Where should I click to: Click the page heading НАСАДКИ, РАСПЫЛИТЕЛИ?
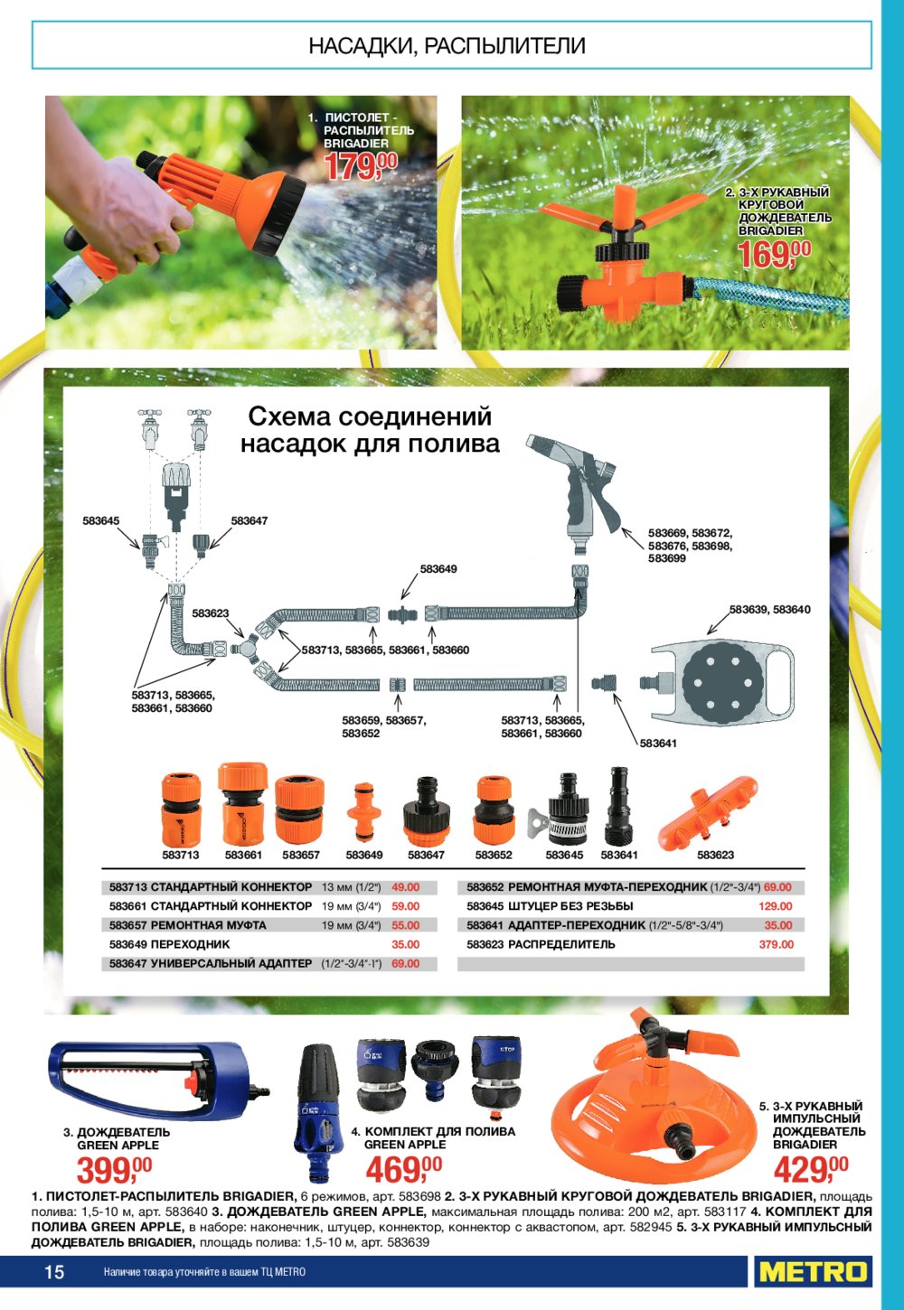click(x=447, y=45)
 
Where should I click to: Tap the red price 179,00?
click(x=361, y=166)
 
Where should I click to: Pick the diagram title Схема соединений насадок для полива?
click(x=370, y=430)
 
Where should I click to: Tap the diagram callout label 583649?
click(x=438, y=568)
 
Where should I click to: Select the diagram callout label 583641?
click(x=658, y=744)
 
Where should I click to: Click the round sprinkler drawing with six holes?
click(x=723, y=681)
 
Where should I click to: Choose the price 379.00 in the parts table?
click(x=777, y=944)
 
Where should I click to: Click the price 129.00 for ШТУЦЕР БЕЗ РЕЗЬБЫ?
click(x=776, y=906)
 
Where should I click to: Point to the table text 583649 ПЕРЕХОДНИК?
click(x=170, y=944)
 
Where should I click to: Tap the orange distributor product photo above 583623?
click(x=709, y=810)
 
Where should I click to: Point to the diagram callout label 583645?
click(x=100, y=520)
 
